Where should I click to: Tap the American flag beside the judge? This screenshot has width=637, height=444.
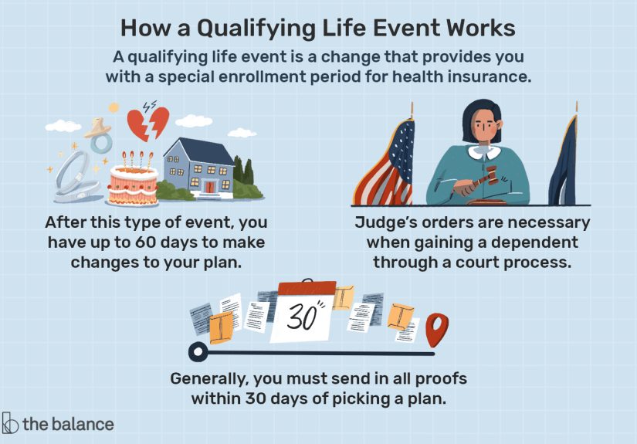pyautogui.click(x=386, y=166)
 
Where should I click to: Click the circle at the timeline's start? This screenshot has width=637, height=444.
pyautogui.click(x=198, y=353)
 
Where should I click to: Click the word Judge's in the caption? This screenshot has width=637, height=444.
pyautogui.click(x=391, y=222)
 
